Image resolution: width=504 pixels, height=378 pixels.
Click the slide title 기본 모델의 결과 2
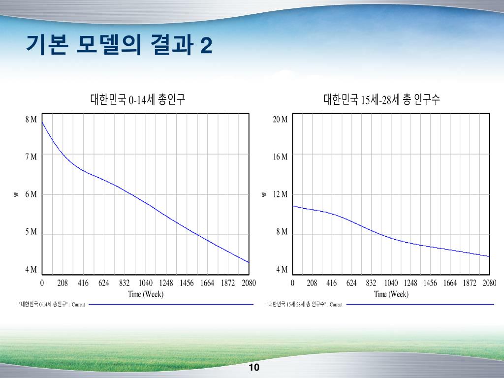pos(119,46)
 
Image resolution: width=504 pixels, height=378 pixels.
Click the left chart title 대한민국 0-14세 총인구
pos(137,100)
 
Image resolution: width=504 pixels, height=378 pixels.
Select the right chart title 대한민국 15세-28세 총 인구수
pos(381,100)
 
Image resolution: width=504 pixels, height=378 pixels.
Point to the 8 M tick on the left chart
pos(31,120)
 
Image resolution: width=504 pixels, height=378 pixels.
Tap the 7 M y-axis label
pos(31,157)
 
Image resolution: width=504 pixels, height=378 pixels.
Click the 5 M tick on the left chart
pos(31,232)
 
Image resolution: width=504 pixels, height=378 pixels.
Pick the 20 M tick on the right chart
pos(281,120)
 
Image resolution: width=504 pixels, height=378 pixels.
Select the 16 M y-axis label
pos(281,157)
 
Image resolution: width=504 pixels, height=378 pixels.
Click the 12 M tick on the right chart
pos(281,194)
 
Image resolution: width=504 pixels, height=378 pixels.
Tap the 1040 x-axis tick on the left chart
pos(145,283)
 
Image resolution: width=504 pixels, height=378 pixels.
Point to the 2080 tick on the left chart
pos(249,283)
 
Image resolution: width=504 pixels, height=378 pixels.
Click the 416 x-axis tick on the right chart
pos(332,283)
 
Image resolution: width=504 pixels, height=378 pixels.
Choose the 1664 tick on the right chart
pos(450,283)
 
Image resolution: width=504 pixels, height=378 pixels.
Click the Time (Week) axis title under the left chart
pos(146,294)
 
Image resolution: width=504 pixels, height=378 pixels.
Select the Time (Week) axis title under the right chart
pos(391,294)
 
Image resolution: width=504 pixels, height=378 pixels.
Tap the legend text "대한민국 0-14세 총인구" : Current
pos(52,305)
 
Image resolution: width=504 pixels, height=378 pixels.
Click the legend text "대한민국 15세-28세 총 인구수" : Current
pos(305,305)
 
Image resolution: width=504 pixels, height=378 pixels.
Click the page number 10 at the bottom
pos(254,368)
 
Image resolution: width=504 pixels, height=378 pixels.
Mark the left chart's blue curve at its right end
pos(248,262)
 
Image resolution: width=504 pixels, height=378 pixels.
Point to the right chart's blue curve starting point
pos(293,206)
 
